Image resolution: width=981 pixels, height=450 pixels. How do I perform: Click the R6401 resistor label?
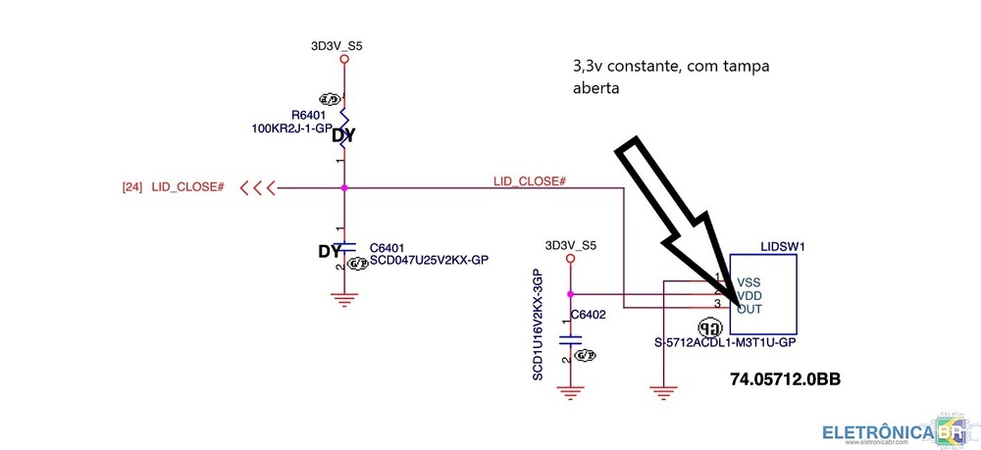pyautogui.click(x=308, y=116)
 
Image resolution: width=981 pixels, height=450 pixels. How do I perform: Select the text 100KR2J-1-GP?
pyautogui.click(x=291, y=128)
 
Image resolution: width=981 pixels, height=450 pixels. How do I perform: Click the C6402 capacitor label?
pyautogui.click(x=589, y=315)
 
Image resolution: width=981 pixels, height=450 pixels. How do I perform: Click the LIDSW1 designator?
pyautogui.click(x=782, y=248)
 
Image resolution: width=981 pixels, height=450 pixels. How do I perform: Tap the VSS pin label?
pyautogui.click(x=749, y=280)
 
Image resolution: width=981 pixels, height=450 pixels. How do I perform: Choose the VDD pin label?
pyautogui.click(x=749, y=295)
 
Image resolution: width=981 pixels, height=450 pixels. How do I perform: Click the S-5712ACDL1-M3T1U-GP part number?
pyautogui.click(x=724, y=343)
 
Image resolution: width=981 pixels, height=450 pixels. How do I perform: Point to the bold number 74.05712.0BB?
pyautogui.click(x=786, y=377)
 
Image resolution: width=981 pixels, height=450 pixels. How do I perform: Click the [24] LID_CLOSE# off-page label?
pyautogui.click(x=174, y=186)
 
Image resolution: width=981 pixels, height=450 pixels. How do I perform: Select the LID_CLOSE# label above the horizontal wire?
pyautogui.click(x=529, y=181)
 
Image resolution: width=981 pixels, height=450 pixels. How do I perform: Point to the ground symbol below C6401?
pyautogui.click(x=343, y=299)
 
